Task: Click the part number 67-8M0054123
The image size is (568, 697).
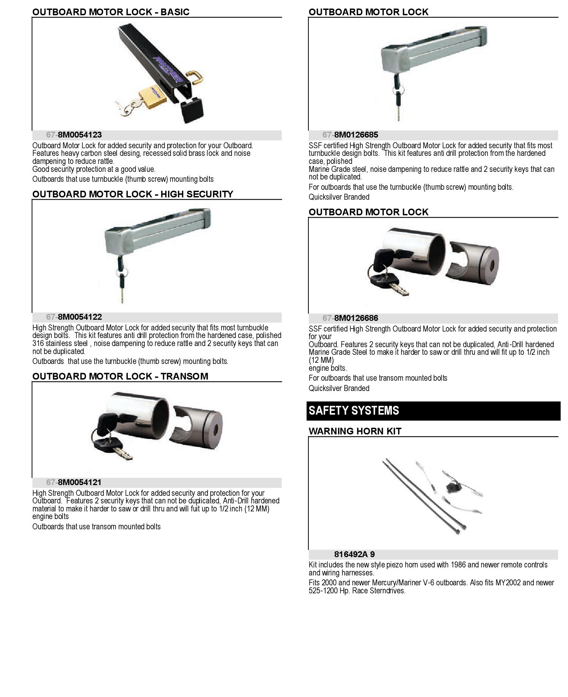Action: (74, 135)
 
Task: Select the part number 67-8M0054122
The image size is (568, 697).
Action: (74, 317)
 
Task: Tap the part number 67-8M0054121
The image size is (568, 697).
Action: (74, 482)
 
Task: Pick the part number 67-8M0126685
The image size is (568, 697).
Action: (350, 135)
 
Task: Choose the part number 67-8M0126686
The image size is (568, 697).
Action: (350, 318)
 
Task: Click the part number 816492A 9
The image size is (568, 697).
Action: (355, 554)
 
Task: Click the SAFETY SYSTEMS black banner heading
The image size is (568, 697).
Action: (433, 411)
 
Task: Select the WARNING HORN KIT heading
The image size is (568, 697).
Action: (355, 431)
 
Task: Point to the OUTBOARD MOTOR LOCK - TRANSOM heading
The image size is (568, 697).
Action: (120, 377)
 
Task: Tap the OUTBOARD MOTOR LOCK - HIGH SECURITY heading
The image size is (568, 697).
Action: (133, 194)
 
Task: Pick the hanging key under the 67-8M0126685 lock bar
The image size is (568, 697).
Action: (398, 97)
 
